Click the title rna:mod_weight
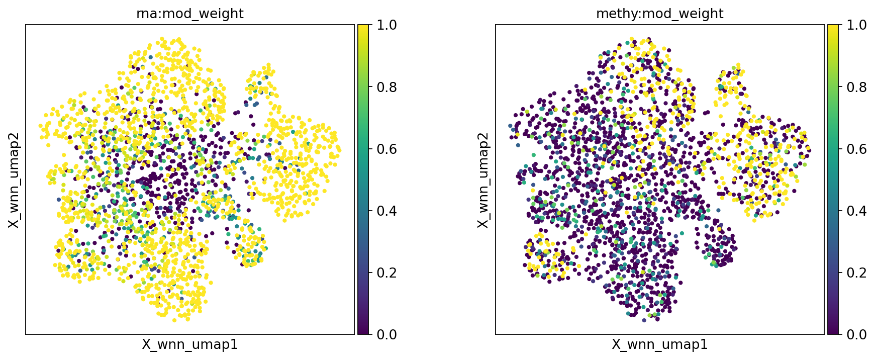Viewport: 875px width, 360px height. (189, 14)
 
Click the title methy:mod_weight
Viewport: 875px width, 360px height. (659, 14)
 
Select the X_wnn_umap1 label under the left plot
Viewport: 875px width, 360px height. (189, 344)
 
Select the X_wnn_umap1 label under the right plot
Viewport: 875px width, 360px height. (659, 344)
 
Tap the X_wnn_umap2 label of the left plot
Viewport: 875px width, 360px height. (14, 179)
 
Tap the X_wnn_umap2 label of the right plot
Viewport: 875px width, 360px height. (483, 179)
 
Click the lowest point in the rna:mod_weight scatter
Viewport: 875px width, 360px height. (174, 320)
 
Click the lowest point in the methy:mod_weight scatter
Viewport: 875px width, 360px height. (644, 320)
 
